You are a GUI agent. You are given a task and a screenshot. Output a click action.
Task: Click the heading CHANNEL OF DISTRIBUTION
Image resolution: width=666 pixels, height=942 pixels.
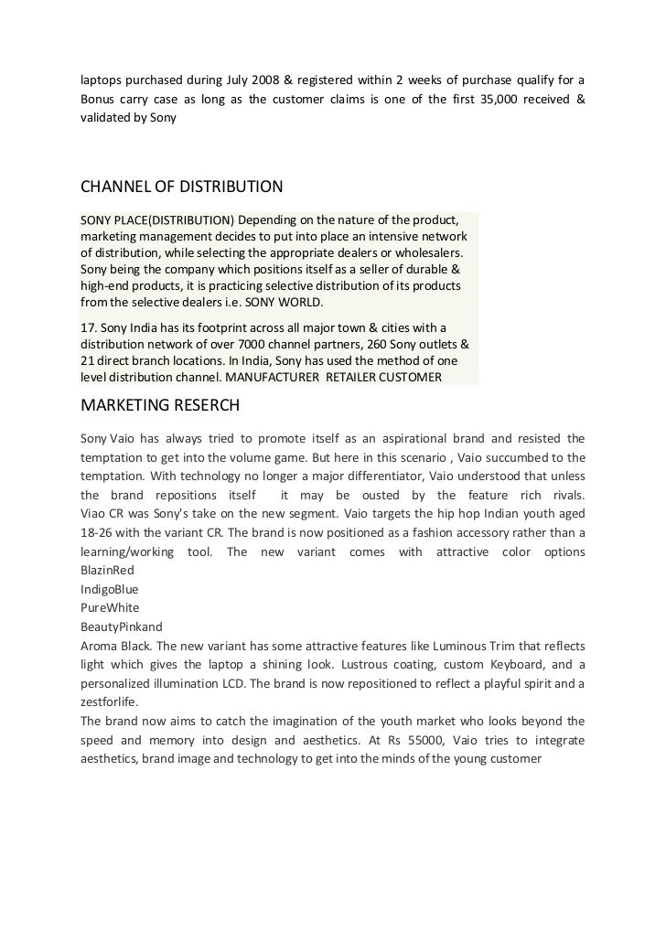(x=182, y=187)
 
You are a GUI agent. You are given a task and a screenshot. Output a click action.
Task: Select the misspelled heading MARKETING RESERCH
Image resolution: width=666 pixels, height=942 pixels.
(x=159, y=403)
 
